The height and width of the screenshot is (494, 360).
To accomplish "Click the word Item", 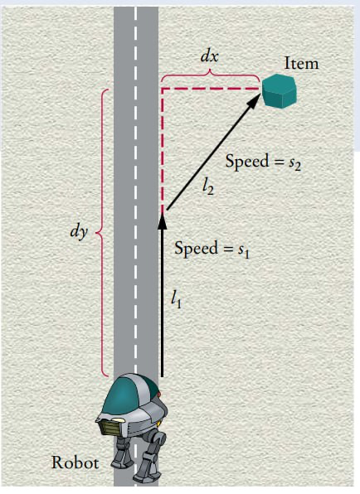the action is point(301,63).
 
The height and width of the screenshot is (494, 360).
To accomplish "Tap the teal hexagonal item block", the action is point(278,91).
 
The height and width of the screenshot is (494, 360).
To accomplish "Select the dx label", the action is point(210,56).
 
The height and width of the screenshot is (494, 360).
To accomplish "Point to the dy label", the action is point(79,233).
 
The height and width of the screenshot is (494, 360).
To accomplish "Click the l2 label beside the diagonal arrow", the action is point(208,188).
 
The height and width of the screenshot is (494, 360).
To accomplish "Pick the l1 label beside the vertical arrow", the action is point(176,300).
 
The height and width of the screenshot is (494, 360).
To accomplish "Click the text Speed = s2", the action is point(263,162).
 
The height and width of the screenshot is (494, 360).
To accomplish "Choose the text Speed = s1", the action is point(212,249).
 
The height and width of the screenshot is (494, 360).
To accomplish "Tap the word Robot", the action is point(75,463).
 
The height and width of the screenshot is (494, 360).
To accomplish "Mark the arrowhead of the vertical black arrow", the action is point(162,220).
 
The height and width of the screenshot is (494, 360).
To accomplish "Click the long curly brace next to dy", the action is point(102,233).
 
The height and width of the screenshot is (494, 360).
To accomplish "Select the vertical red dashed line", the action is point(163,151).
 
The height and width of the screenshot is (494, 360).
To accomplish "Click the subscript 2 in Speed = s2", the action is point(297,167).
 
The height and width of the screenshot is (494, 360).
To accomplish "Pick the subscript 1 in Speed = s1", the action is point(246,253).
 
